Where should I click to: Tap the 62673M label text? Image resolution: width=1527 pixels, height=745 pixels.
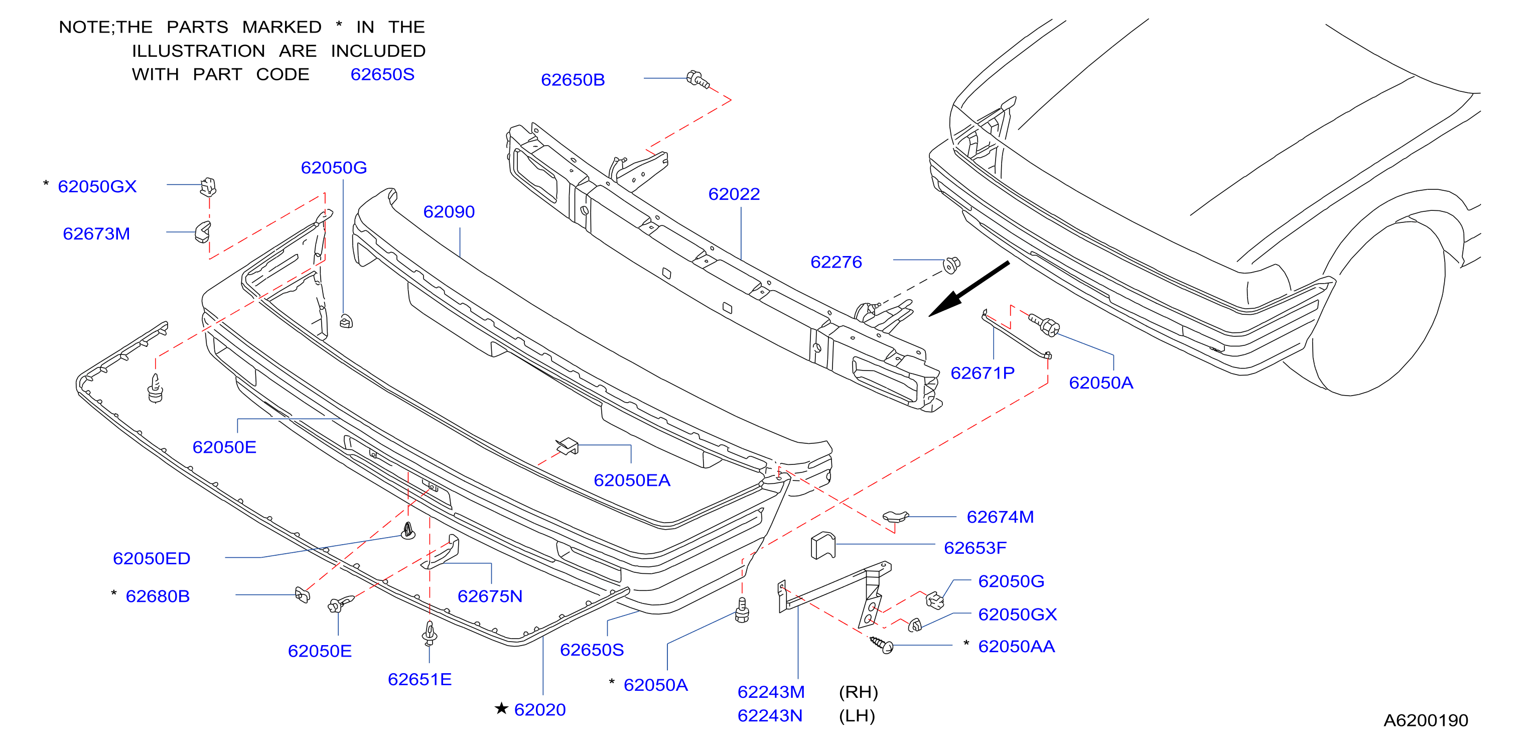click(x=96, y=234)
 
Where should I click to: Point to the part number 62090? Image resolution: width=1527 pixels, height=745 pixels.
click(x=449, y=212)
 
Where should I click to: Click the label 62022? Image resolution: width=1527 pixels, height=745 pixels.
click(x=734, y=194)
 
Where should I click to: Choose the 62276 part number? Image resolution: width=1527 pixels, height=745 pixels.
click(x=836, y=262)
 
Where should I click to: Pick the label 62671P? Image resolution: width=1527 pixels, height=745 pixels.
click(x=982, y=373)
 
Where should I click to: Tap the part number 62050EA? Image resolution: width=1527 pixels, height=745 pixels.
click(x=632, y=480)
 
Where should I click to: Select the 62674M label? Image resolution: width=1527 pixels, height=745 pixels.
click(x=1000, y=517)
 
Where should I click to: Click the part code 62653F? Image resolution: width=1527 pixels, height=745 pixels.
click(x=975, y=548)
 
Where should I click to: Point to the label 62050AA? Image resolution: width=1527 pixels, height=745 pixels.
click(x=1016, y=646)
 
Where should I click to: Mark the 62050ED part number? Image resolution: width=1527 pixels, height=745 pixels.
click(x=151, y=558)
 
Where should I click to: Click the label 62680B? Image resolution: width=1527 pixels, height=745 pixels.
click(x=158, y=596)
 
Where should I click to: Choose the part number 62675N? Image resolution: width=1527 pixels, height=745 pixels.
click(x=490, y=596)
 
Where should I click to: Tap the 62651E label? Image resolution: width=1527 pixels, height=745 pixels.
click(x=420, y=679)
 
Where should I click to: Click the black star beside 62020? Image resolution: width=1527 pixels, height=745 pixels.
click(x=501, y=708)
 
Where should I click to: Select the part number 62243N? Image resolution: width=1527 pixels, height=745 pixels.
click(x=769, y=716)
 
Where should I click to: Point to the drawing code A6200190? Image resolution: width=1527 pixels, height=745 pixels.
click(x=1426, y=720)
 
